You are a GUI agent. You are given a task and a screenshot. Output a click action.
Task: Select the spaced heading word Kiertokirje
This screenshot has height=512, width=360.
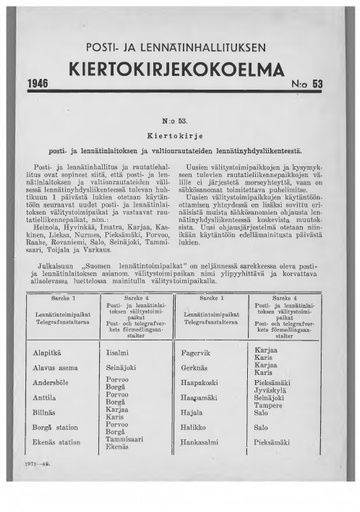click(180, 131)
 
